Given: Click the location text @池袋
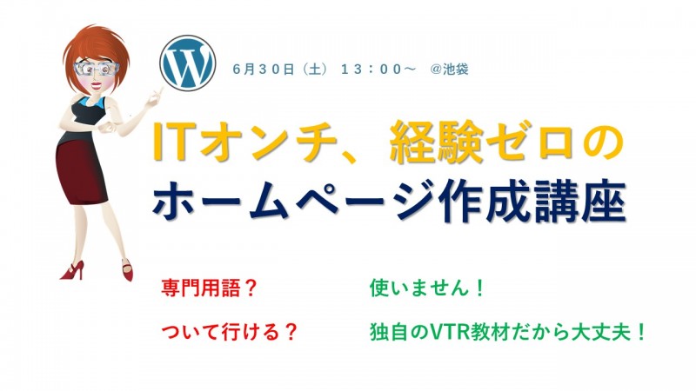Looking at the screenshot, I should tap(449, 70).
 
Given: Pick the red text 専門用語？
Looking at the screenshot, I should tap(209, 287).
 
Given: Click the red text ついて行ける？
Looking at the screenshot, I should tap(226, 332).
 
